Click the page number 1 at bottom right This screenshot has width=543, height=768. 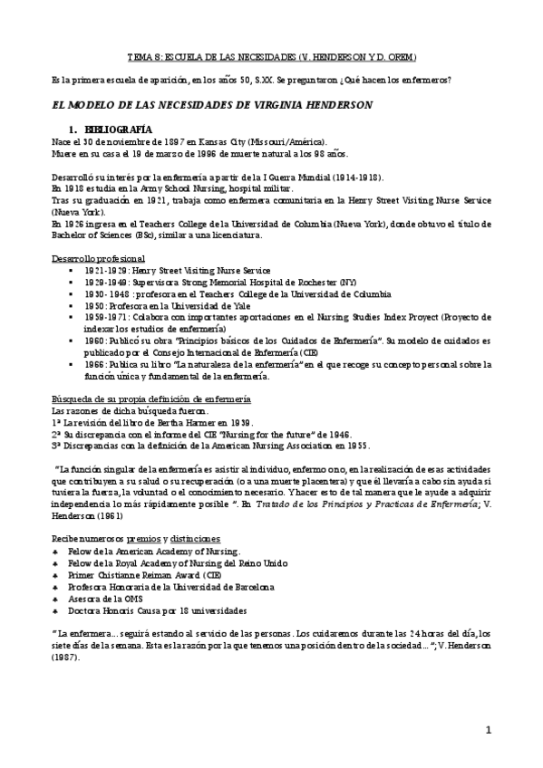[x=488, y=730]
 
